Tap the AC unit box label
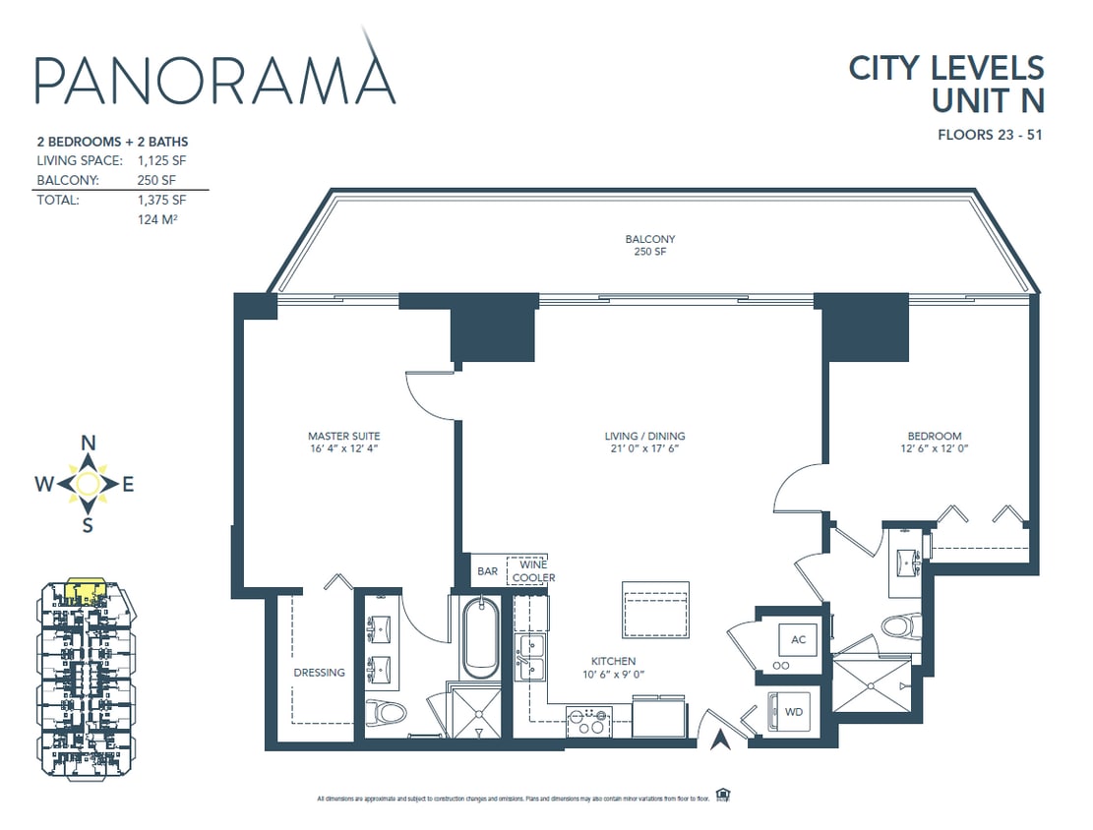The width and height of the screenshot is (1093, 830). coord(798,640)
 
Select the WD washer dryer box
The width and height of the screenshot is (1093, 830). coord(793,711)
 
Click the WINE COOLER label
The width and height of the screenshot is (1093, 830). coord(532,571)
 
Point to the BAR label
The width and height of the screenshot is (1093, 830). coord(487,571)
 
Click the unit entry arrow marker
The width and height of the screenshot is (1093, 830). coord(721,740)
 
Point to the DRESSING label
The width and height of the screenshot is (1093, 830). coord(320,673)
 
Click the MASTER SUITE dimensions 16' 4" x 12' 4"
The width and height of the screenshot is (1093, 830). coord(343,448)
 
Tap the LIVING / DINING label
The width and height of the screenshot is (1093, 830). coord(644,436)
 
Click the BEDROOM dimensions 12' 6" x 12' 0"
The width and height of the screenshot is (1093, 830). coord(935,448)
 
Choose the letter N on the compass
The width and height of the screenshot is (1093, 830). coord(88,443)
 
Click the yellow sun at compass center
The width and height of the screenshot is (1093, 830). coord(88,483)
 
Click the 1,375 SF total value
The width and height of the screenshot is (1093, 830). coord(162,200)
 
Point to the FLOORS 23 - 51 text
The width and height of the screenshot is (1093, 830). coord(990,135)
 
